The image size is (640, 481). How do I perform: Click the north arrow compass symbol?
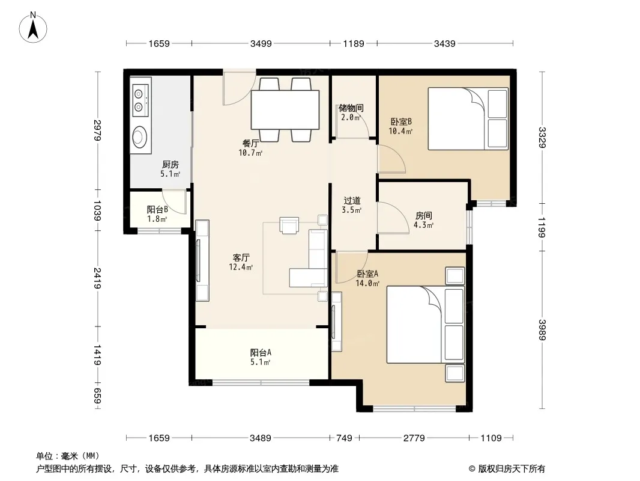tap(33, 27)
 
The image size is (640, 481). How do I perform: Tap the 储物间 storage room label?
tap(351, 108)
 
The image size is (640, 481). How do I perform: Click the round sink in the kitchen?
tap(140, 136)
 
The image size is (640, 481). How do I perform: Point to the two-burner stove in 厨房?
tap(140, 100)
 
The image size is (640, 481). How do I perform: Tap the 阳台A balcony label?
tap(261, 352)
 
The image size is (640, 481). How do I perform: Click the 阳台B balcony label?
tap(157, 210)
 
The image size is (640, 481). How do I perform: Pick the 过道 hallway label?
tap(351, 201)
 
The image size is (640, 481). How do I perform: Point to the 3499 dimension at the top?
tap(261, 43)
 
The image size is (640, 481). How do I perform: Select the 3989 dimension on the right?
tap(542, 329)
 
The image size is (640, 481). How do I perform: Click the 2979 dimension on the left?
tap(97, 130)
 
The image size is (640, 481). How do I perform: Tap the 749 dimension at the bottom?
tap(344, 438)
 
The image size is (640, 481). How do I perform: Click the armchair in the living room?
tap(289, 225)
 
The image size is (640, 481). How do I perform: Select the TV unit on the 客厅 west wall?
tap(202, 260)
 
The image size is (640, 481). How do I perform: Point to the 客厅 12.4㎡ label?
tap(241, 262)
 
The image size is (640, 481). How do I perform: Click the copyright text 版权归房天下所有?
tap(512, 469)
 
